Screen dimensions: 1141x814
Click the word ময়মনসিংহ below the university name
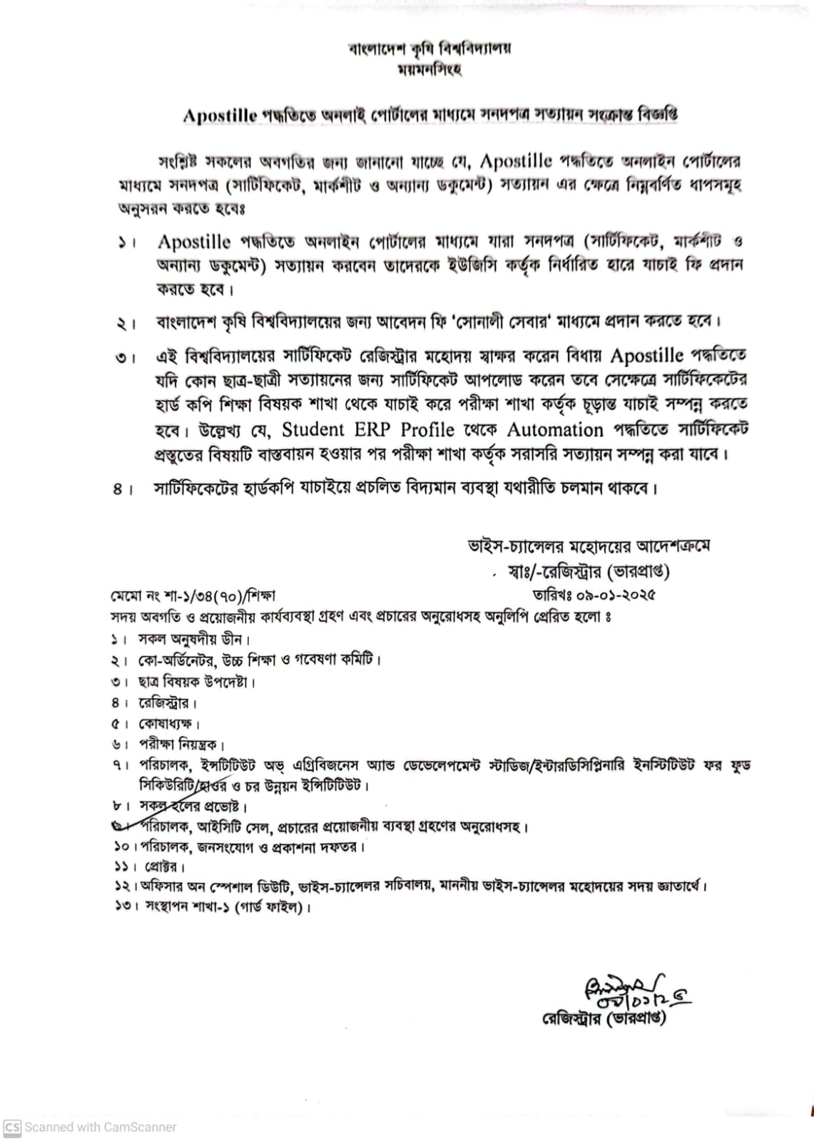point(429,70)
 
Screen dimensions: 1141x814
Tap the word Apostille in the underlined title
point(219,116)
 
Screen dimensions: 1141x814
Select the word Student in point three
point(313,429)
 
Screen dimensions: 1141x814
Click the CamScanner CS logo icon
point(12,1127)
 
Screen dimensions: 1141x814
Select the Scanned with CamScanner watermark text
point(101,1127)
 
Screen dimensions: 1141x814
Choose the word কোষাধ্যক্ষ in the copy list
point(166,724)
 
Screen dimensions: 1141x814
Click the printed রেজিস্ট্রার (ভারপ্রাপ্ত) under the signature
point(604,1018)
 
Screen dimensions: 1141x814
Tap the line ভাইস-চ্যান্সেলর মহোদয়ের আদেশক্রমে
point(588,547)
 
